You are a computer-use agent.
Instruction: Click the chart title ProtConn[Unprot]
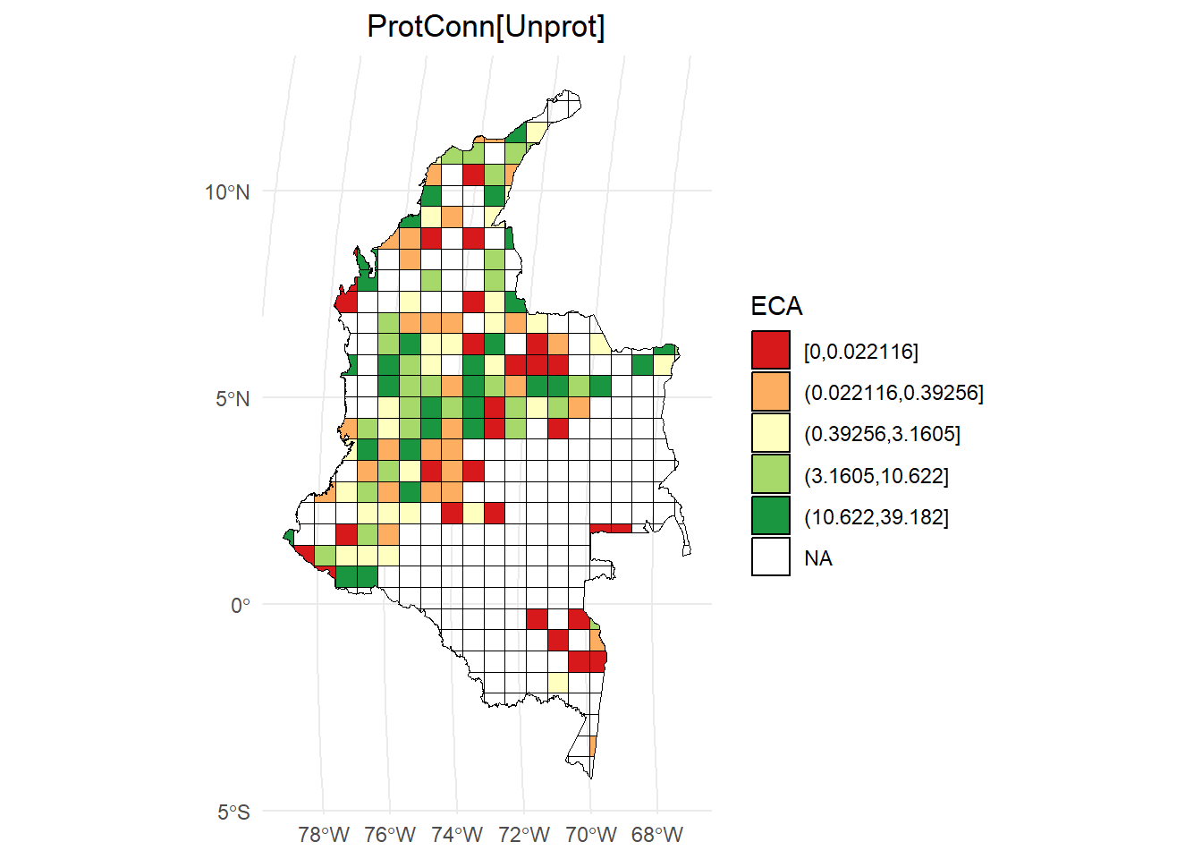[486, 27]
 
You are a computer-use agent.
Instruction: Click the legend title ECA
[776, 306]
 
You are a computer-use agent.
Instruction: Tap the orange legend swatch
[771, 392]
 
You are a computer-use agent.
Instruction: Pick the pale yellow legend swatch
[771, 433]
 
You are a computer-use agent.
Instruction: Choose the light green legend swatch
[771, 474]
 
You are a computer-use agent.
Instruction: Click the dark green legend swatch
[771, 516]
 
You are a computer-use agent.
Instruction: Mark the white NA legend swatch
[771, 557]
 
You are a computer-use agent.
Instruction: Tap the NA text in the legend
[817, 558]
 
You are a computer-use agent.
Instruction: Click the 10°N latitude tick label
[227, 192]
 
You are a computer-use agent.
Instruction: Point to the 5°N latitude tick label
[233, 399]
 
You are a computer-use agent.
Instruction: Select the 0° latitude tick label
[241, 606]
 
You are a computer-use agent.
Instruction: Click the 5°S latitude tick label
[233, 812]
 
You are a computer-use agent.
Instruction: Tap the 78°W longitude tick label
[324, 835]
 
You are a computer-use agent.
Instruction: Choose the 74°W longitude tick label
[457, 835]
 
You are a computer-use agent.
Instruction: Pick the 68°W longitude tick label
[657, 835]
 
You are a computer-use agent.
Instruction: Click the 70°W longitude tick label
[590, 835]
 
